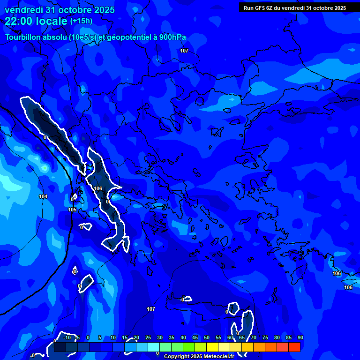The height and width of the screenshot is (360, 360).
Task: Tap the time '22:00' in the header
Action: point(20,21)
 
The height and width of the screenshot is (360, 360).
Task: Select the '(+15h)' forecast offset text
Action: point(81,21)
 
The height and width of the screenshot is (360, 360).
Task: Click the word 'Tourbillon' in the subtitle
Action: point(23,37)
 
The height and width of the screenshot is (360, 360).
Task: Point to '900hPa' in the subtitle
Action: point(172,37)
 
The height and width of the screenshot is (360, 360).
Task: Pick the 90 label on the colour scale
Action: point(300,338)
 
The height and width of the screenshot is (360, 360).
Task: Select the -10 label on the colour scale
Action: point(67,338)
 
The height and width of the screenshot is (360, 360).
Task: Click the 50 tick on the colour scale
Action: point(207,338)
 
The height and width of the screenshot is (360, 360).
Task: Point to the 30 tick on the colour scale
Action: point(160,338)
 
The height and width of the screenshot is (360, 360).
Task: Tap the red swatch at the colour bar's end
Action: point(294,347)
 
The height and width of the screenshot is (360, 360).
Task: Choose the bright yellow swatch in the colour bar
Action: point(212,347)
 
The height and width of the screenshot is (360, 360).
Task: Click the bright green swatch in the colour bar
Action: point(189,347)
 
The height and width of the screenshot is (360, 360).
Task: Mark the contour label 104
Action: point(43,196)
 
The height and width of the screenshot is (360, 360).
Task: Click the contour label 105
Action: point(72,210)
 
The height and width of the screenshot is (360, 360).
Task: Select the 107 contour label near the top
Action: point(184,51)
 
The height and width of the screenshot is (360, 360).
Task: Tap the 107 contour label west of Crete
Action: point(150,309)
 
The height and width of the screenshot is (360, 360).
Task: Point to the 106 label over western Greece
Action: point(98,188)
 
